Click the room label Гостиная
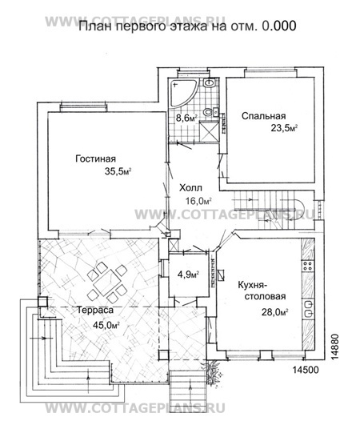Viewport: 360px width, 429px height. [95, 158]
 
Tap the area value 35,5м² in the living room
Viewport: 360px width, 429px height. [118, 171]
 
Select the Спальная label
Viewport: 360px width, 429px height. [263, 116]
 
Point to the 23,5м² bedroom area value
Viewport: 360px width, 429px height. [284, 128]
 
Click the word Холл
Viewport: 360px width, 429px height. [190, 188]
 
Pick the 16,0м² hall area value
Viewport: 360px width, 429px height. [199, 202]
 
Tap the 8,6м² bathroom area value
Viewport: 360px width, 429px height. [186, 118]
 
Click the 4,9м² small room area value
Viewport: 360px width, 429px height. [188, 275]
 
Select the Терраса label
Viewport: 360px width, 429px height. [94, 311]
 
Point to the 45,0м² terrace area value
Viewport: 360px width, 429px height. [106, 325]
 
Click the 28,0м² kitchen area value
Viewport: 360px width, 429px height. [275, 312]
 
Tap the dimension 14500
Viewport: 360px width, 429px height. [306, 370]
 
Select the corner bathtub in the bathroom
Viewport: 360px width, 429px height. [182, 92]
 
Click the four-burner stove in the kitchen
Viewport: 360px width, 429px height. [308, 266]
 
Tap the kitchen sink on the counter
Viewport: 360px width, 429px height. [308, 309]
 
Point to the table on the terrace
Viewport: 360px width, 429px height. [107, 283]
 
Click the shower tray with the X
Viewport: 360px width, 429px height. [210, 132]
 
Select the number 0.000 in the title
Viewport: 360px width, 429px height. [278, 26]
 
